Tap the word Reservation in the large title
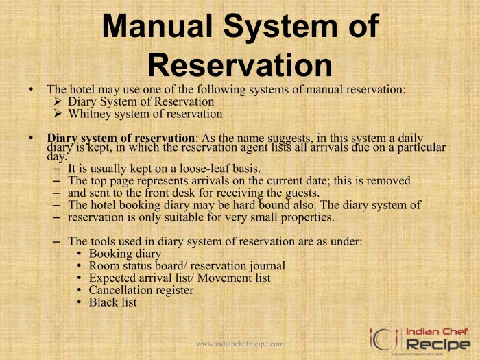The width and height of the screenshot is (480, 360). [240, 65]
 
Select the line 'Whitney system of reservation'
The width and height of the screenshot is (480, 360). [145, 115]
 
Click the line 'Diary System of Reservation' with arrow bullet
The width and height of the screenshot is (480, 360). [141, 102]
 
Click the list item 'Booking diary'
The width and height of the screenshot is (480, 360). [125, 254]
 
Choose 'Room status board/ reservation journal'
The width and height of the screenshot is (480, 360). [187, 266]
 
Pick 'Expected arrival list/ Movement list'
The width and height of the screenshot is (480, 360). [180, 278]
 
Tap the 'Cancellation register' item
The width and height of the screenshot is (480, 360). [141, 290]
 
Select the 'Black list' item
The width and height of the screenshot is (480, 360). [113, 302]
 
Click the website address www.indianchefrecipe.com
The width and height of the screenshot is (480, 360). [240, 344]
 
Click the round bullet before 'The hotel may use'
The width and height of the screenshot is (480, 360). [31, 90]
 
